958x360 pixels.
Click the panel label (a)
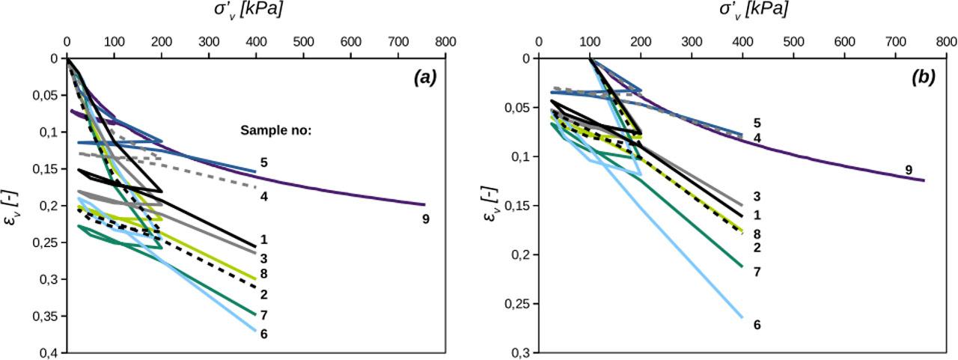[x=426, y=76]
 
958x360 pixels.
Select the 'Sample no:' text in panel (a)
[x=275, y=129]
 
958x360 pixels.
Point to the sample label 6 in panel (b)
[x=757, y=325]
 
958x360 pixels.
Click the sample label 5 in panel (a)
[x=264, y=162]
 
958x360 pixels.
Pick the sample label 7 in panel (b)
[x=757, y=272]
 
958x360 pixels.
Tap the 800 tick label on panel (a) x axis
[x=446, y=41]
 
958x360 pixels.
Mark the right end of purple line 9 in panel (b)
[x=924, y=180]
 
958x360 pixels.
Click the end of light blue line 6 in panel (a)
[x=256, y=330]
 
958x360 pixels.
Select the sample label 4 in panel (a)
[x=264, y=196]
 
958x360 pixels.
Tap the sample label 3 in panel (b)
[x=757, y=197]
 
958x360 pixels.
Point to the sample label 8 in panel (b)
[x=757, y=234]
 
